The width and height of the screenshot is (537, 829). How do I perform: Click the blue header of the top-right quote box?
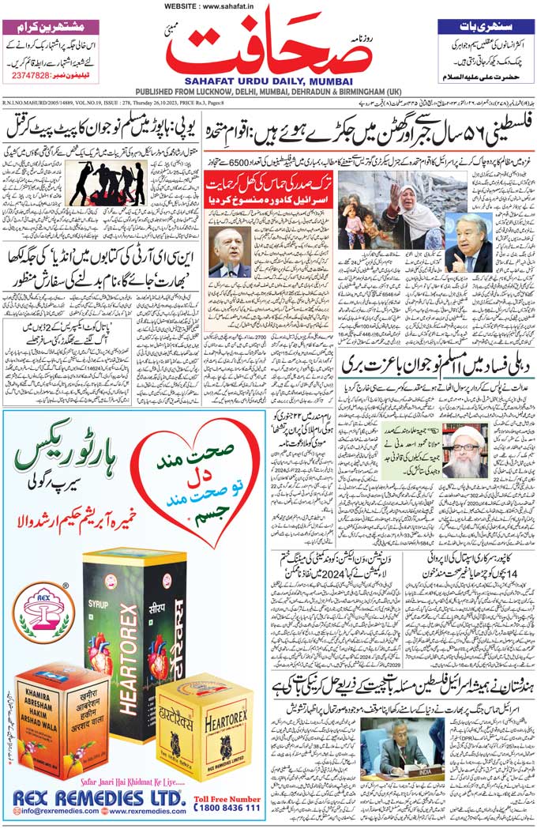485,27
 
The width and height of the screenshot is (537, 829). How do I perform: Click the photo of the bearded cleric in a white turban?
465,450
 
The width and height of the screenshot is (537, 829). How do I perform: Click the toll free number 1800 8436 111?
225,808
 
